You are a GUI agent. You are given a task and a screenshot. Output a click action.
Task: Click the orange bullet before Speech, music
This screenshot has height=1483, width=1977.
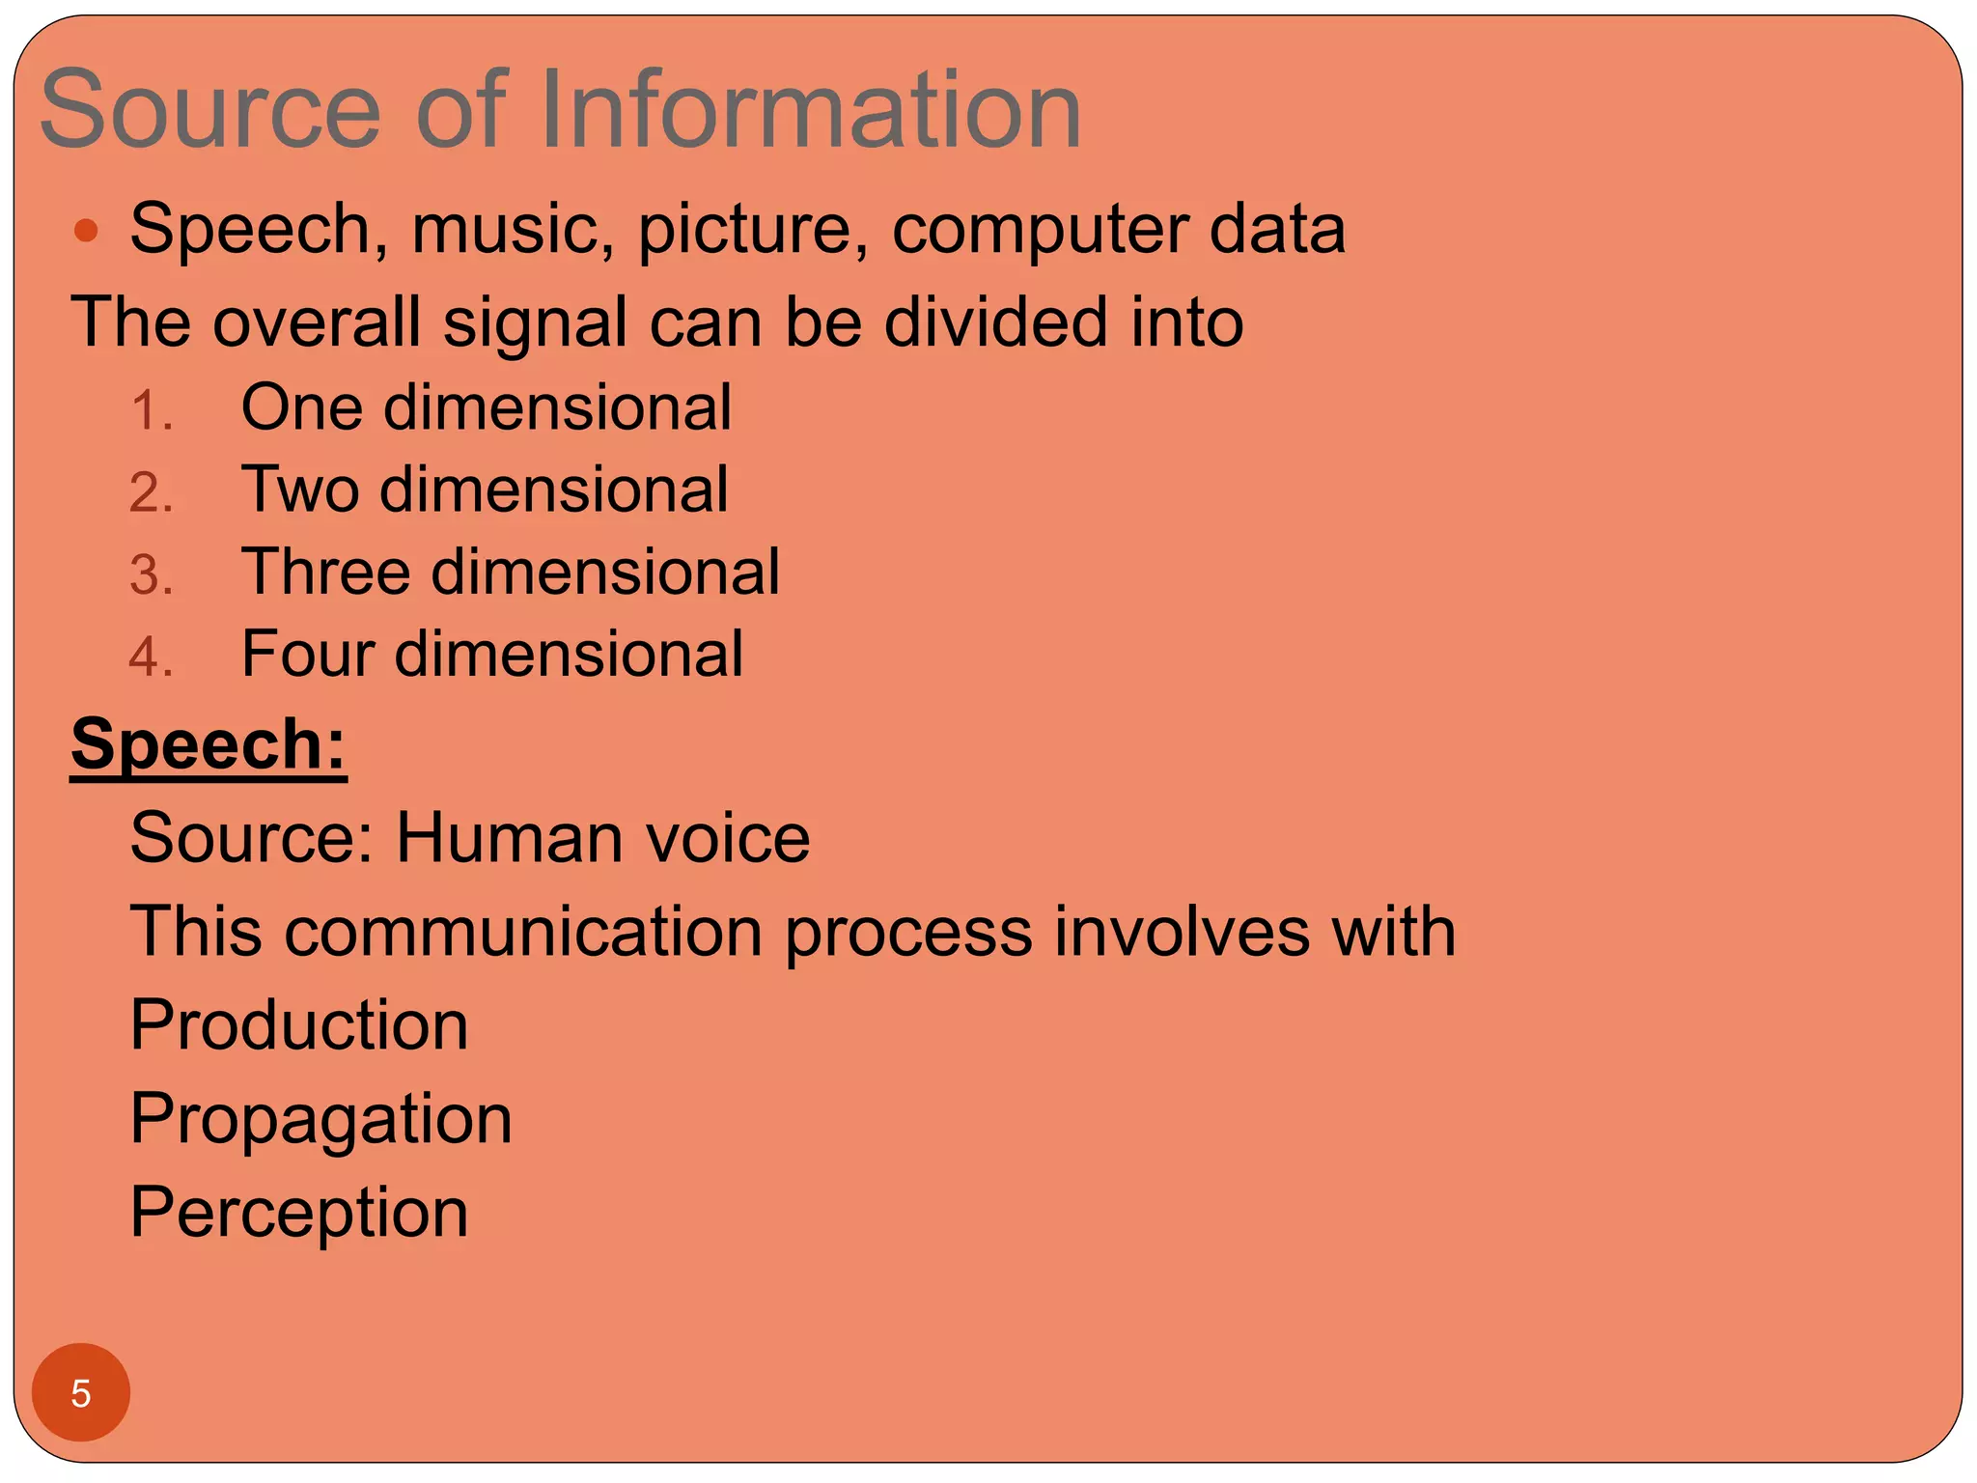[x=87, y=230]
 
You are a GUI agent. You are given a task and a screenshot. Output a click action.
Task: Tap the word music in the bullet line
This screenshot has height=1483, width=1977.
[x=513, y=230]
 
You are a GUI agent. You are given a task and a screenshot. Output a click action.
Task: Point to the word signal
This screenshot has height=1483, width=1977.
[x=535, y=323]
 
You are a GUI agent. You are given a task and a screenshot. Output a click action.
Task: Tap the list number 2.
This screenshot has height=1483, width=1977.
[x=151, y=492]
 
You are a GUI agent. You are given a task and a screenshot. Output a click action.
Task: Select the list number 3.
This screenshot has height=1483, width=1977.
[x=151, y=575]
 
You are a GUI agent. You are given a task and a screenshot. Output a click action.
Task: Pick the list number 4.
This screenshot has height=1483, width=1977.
[x=151, y=658]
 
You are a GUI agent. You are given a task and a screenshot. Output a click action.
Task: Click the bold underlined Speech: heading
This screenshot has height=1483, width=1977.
[x=209, y=745]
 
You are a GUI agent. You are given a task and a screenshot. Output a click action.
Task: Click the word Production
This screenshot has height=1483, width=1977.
[x=299, y=1024]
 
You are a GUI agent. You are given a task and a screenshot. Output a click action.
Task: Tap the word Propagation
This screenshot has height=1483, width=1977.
[x=320, y=1120]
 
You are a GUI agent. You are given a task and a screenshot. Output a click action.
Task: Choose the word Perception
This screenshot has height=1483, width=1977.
[x=299, y=1213]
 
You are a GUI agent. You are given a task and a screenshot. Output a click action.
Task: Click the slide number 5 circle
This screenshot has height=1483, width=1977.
[x=81, y=1393]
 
